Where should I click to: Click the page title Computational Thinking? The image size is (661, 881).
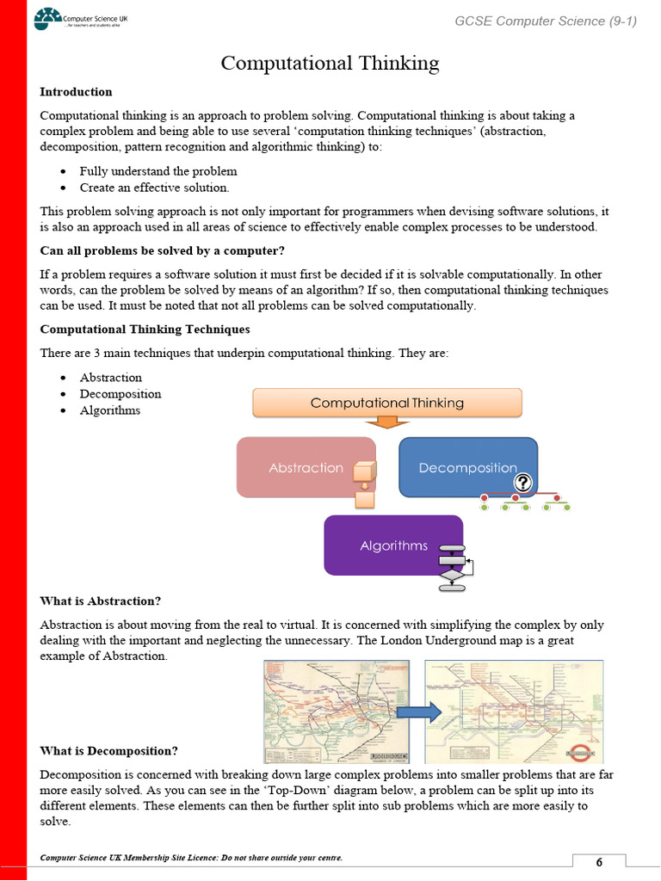pos(330,63)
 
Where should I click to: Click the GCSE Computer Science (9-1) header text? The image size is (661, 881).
pos(546,21)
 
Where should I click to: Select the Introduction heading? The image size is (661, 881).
pos(76,92)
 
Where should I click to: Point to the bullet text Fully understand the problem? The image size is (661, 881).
pos(146,171)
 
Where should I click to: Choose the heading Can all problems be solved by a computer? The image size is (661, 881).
pos(162,251)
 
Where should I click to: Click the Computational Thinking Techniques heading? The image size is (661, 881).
pos(145,329)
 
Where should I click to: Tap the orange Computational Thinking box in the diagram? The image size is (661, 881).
pos(386,403)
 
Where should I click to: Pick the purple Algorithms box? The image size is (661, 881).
pos(392,545)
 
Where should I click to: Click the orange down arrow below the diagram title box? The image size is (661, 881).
pos(386,422)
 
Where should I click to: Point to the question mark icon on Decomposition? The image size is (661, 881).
pos(523,484)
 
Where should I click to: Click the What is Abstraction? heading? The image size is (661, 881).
pos(100,601)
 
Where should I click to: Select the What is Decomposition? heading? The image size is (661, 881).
pos(109,751)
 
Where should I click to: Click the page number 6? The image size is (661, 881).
pos(599,863)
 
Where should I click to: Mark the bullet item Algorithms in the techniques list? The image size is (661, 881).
pos(109,410)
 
